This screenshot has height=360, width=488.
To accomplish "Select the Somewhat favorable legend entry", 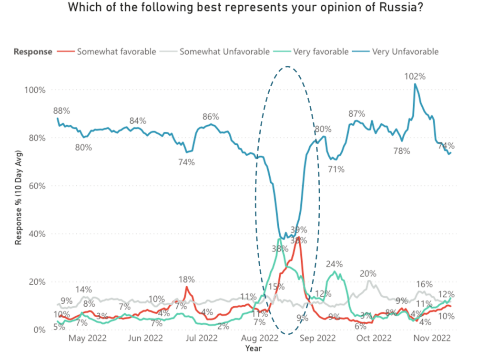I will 116,51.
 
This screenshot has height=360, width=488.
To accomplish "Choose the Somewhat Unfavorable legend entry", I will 224,51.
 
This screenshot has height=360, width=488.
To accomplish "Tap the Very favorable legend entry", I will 321,51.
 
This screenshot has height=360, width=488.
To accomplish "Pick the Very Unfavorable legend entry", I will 405,51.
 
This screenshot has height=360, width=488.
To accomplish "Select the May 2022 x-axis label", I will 88,339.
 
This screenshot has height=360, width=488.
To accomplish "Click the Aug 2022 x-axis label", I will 260,339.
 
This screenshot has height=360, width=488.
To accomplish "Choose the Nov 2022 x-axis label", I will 431,339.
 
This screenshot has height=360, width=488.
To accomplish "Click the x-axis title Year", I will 253,349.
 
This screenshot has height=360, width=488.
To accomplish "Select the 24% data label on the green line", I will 335,264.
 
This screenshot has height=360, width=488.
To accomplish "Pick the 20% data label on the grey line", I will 368,273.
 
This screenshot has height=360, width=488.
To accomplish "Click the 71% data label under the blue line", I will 336,169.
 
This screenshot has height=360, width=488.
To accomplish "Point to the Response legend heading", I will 33,51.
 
